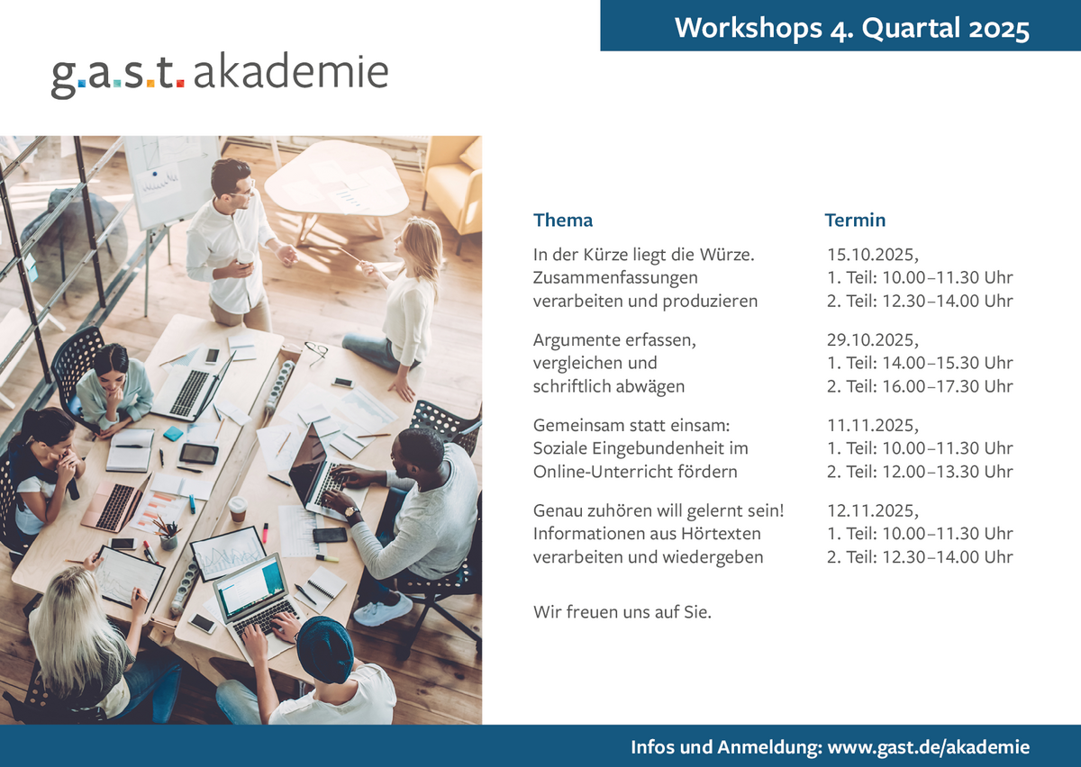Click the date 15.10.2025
[872, 254]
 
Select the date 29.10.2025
[872, 339]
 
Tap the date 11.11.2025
[872, 425]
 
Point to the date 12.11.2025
[872, 510]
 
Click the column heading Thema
[563, 220]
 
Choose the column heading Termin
[855, 220]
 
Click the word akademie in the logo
[291, 71]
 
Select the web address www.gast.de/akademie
[929, 746]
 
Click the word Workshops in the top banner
[748, 28]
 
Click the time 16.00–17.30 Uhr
[948, 386]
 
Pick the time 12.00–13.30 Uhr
[948, 472]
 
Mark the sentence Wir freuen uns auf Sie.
[622, 611]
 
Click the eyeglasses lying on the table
[316, 351]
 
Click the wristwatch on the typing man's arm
[352, 512]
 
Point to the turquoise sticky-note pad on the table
[173, 433]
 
